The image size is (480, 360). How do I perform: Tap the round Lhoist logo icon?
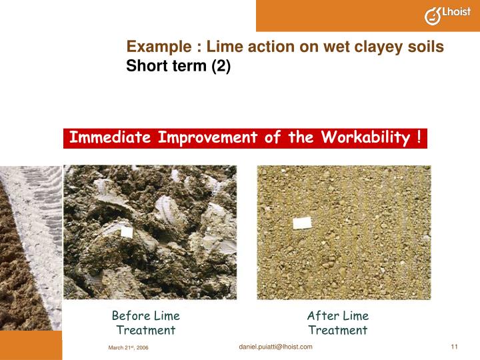(x=433, y=16)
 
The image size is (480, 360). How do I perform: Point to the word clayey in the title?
(x=383, y=47)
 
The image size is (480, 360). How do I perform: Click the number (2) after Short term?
(x=221, y=67)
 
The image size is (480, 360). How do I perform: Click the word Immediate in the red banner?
(x=111, y=138)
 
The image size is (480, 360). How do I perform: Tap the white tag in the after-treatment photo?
(x=303, y=223)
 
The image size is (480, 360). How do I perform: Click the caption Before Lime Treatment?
(x=145, y=323)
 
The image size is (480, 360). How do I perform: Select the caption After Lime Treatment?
(x=337, y=323)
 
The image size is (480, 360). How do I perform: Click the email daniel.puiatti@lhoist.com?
(x=275, y=347)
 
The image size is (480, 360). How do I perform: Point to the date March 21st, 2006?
(x=128, y=348)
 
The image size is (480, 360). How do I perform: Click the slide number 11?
(x=455, y=346)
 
